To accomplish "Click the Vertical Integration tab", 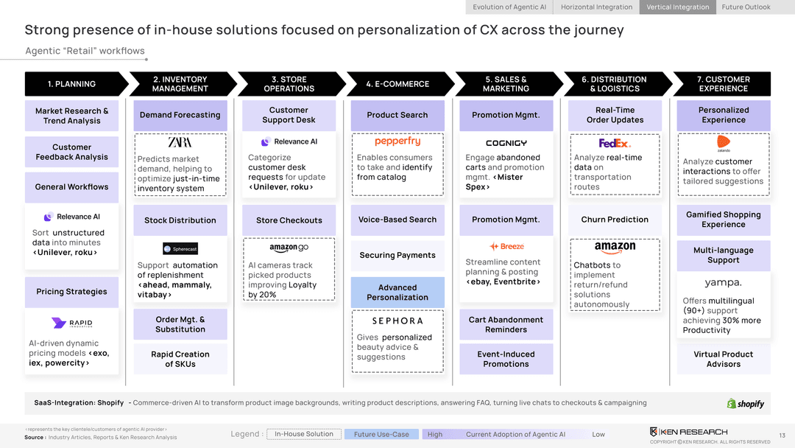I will point(678,7).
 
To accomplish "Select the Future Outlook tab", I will point(746,7).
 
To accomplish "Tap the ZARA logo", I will point(180,142).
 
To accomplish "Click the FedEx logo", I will point(615,143).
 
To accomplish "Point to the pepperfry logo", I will point(397,141).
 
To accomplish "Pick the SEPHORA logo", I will point(397,321).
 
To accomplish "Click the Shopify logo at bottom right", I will point(746,404).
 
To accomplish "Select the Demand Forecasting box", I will point(180,115).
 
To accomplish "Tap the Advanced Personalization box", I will point(397,293).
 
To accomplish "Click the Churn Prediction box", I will point(615,220).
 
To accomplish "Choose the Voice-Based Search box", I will point(397,220).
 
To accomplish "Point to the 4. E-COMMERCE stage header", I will point(397,84).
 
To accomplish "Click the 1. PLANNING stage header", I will point(71,84).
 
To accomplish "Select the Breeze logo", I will point(506,247).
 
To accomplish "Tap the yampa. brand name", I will point(723,283).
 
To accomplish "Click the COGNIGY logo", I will point(506,143).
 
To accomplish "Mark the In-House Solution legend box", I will point(304,434).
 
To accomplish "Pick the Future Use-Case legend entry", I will point(381,434).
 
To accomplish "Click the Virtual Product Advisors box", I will point(723,359).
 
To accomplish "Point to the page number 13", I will point(782,435).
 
